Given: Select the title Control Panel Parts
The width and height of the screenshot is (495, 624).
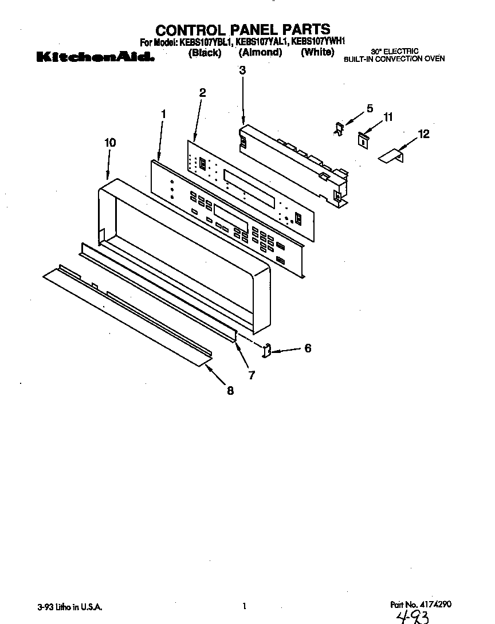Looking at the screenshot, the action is coord(243,29).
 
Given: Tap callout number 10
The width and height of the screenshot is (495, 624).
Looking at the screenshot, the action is coord(110,143).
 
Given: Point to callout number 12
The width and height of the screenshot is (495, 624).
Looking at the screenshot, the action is coord(423,134).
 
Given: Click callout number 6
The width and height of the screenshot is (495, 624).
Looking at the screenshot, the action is coord(308,348).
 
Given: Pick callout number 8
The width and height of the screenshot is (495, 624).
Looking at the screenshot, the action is coord(230,391).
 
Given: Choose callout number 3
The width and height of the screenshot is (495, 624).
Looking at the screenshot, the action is coord(242,70).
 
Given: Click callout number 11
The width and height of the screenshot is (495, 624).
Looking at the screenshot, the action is coord(388,117).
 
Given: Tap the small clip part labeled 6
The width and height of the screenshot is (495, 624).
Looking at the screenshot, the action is coord(267,350).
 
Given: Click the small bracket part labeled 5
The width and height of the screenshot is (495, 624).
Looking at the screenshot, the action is coord(339,128).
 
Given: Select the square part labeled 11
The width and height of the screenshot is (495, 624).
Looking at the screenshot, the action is coord(362,139).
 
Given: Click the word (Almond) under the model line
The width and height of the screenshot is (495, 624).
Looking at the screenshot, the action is coord(260,53).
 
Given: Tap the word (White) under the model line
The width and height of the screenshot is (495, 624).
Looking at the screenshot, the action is coord(317,52).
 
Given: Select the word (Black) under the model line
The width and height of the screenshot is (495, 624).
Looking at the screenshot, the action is coord(205,53).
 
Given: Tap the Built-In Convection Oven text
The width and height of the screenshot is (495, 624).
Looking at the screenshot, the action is coord(394,58).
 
